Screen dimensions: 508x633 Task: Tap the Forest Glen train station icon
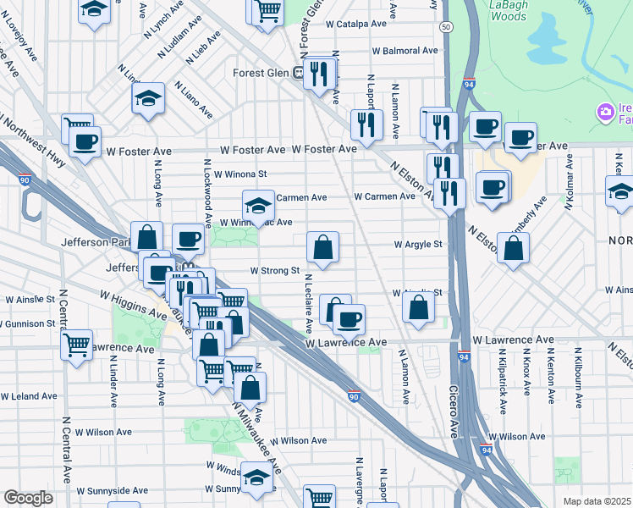[299, 73]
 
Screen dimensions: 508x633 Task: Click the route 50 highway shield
[444, 28]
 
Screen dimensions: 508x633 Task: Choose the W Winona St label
[239, 174]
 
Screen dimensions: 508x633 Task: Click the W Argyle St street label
[418, 245]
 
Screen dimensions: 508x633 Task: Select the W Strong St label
[274, 271]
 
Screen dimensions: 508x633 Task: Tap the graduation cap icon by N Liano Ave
[148, 98]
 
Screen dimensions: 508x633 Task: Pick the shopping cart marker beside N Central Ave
[77, 345]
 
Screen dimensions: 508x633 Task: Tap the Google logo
[28, 498]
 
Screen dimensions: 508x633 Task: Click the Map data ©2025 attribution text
[597, 501]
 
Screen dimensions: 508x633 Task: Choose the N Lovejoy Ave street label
[24, 55]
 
